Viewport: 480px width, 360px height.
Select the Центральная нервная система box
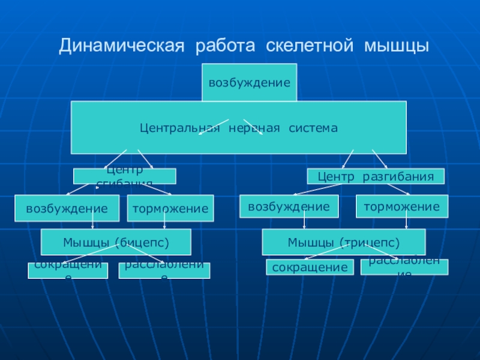[x=239, y=128]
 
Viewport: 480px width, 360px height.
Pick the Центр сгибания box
[x=125, y=176]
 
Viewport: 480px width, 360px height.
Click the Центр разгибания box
[x=376, y=176]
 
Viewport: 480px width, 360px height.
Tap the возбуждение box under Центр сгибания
[x=67, y=209]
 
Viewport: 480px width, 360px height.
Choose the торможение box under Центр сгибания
[x=170, y=209]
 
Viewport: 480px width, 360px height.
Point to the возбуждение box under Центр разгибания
[x=289, y=206]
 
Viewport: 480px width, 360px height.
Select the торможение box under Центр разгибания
[x=401, y=206]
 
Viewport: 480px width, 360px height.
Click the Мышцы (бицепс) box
[x=116, y=242]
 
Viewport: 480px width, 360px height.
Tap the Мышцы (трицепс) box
[x=343, y=242]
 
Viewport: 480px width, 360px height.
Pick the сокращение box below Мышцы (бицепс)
[x=68, y=271]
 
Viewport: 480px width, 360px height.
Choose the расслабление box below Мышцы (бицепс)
[x=164, y=271]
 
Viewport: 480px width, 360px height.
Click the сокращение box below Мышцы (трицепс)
[x=310, y=268]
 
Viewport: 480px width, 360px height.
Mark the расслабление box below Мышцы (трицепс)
[x=404, y=267]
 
